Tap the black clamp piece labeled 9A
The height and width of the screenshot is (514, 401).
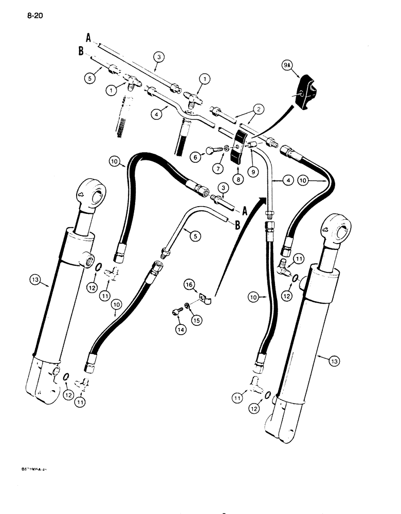coord(308,93)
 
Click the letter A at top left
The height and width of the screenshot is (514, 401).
coord(88,36)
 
